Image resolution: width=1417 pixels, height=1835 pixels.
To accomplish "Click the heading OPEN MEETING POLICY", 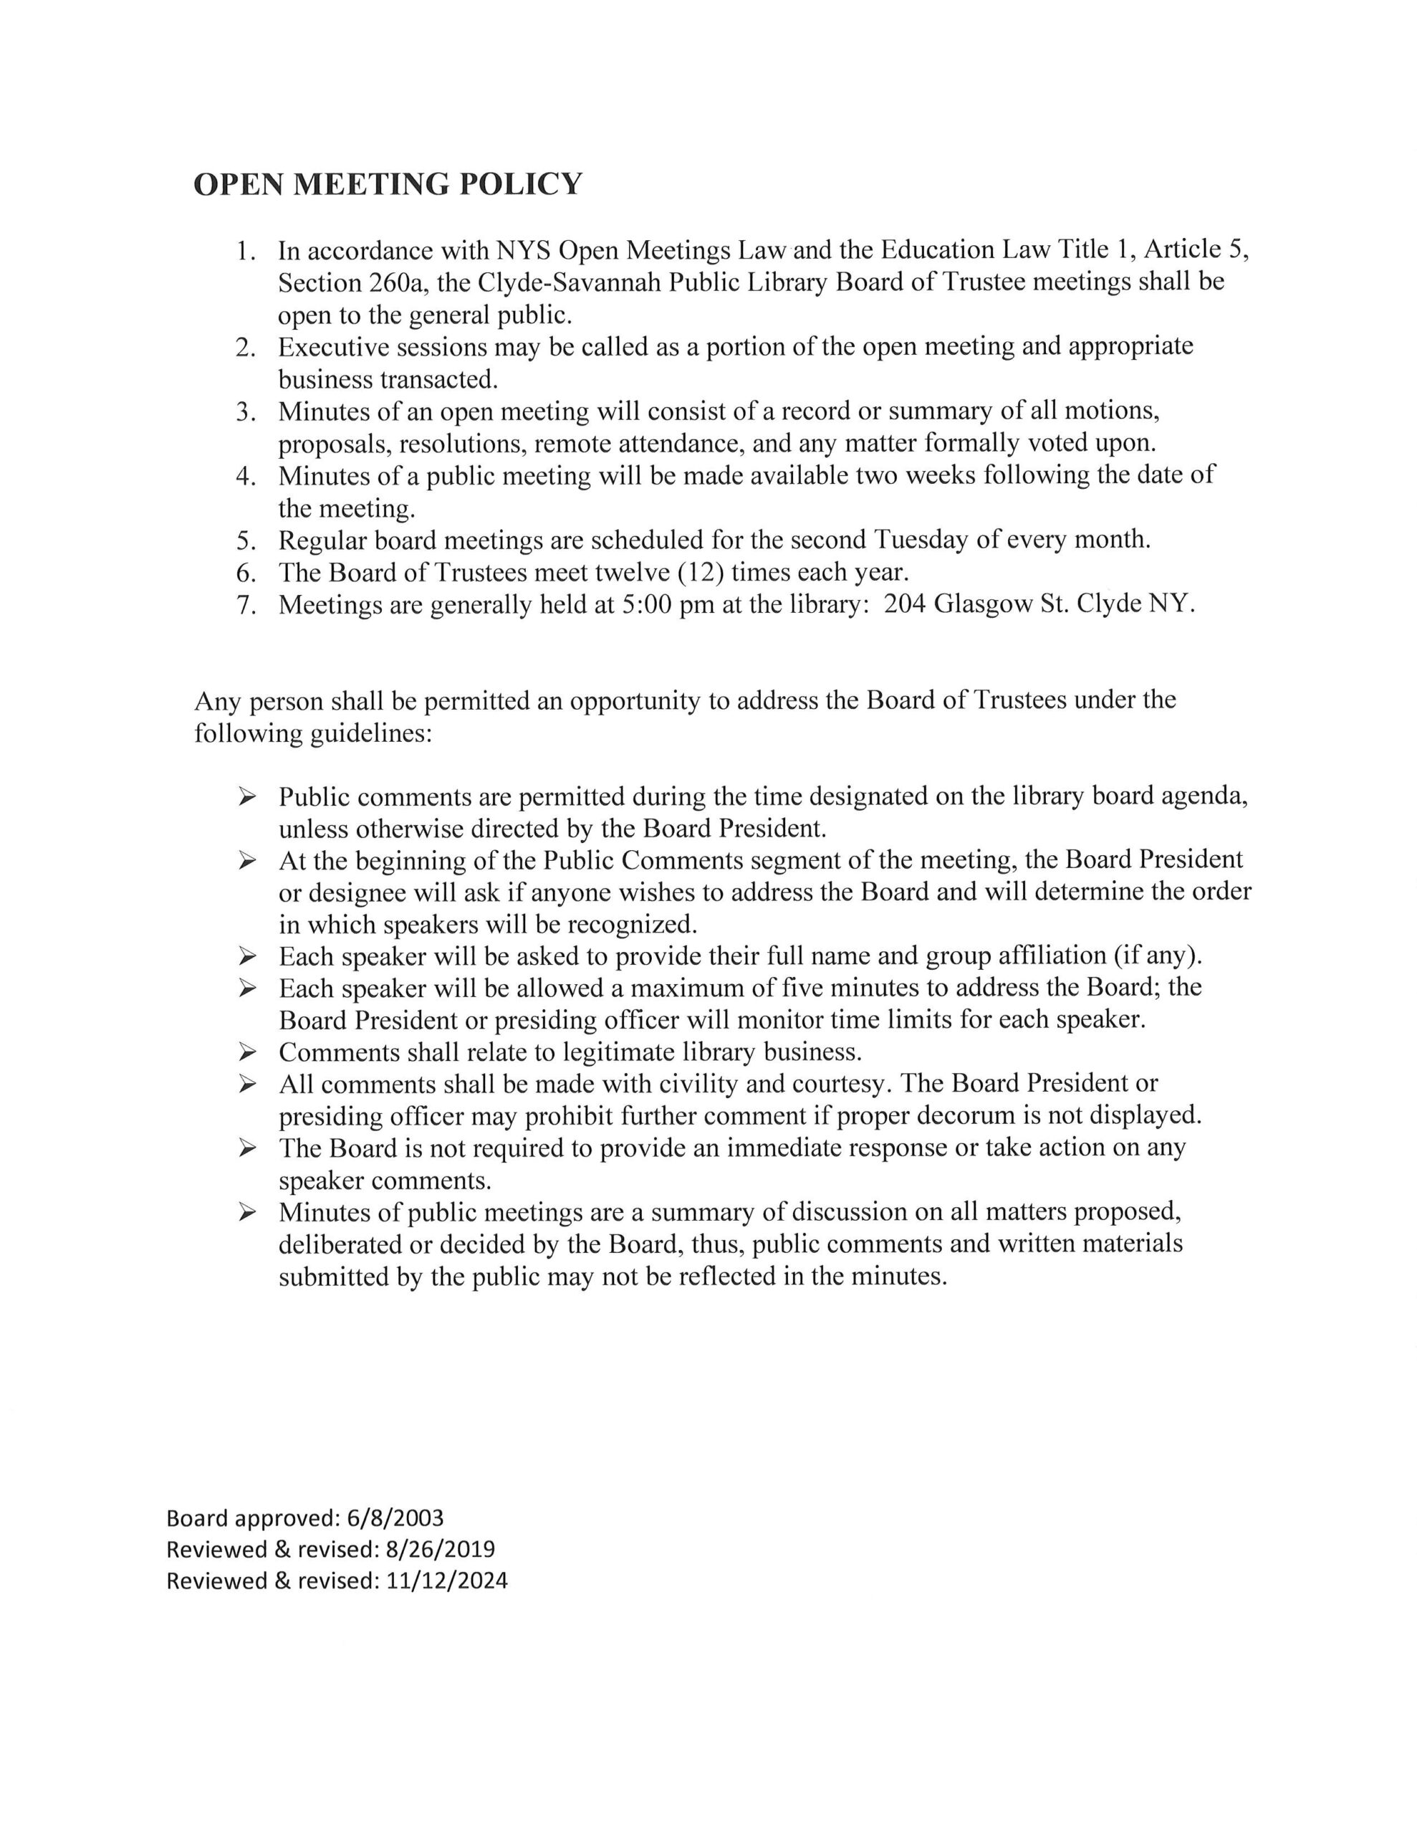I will coord(388,184).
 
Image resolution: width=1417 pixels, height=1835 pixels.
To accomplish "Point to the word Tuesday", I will coord(921,540).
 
